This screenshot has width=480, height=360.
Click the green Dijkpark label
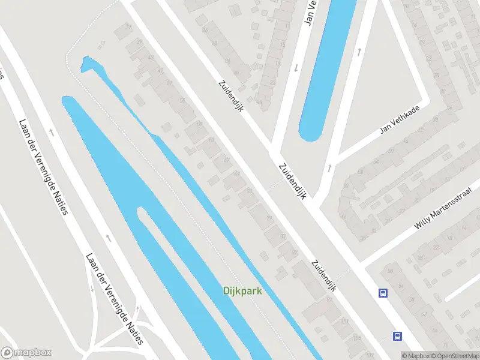[x=242, y=292]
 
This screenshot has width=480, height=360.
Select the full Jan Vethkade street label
[x=400, y=118]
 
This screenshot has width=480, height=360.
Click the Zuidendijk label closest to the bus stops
[x=322, y=276]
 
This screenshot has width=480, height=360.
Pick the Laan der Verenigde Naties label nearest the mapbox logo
[x=115, y=299]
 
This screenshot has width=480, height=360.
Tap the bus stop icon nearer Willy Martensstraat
[x=383, y=293]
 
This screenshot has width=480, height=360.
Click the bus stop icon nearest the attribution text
[x=397, y=336]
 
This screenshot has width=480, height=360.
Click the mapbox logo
[x=26, y=353]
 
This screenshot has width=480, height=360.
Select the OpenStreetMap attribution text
[x=454, y=356]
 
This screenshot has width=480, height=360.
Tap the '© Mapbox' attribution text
[x=416, y=356]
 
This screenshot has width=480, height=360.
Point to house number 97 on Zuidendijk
[x=294, y=253]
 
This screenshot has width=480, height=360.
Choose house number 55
[x=182, y=100]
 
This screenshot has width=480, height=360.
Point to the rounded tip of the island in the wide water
[x=142, y=211]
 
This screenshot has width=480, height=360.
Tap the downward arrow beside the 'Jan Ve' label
[x=296, y=67]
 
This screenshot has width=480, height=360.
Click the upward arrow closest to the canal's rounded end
[x=329, y=167]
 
